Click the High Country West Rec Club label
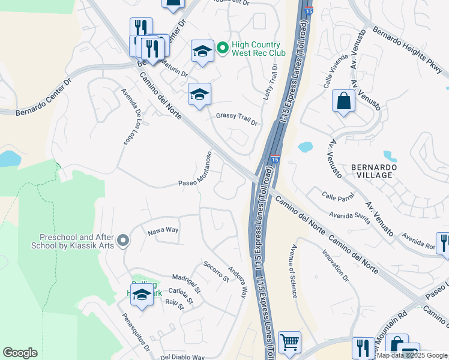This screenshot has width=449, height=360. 257,49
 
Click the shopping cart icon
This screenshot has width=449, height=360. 289,342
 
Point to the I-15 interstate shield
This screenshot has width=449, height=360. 274,159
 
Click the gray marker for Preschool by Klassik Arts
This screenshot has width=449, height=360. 124,241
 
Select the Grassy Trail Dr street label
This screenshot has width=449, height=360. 237,119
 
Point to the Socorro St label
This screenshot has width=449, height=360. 216,271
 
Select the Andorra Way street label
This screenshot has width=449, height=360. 237,283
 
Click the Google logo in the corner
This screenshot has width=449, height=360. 19,353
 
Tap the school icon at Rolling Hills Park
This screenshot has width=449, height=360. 142,295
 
